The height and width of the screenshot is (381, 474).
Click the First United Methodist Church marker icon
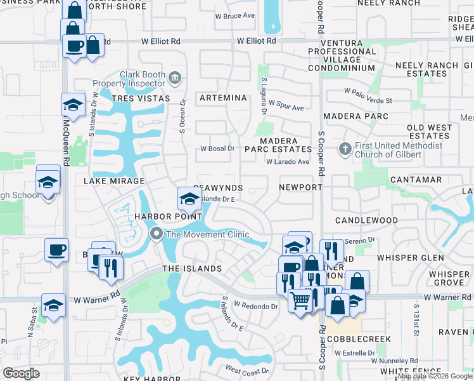(345, 149)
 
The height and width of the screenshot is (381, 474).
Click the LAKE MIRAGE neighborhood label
(114, 181)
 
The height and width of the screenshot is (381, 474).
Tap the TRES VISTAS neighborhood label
(141, 98)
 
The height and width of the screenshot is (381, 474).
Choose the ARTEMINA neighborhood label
(222, 98)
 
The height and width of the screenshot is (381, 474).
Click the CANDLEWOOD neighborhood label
(366, 220)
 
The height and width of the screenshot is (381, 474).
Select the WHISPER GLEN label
(411, 258)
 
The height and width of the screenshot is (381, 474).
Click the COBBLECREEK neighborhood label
(358, 339)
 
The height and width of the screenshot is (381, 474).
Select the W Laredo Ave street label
(288, 162)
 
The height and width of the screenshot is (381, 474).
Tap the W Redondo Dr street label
(255, 305)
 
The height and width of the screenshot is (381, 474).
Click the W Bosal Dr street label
(217, 149)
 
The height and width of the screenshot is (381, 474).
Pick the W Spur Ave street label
(286, 105)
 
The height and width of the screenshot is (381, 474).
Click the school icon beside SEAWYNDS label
(189, 199)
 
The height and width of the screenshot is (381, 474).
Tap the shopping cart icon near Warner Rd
(300, 300)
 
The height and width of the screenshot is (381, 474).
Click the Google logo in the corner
(22, 373)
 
